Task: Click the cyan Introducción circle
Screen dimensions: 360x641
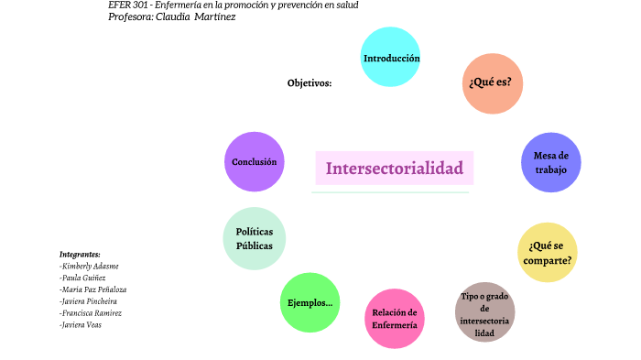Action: [x=391, y=58]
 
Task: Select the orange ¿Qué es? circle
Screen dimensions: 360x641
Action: [x=493, y=83]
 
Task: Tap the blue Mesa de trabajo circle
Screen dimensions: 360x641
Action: [x=550, y=162]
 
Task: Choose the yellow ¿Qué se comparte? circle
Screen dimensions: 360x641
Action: [x=548, y=252]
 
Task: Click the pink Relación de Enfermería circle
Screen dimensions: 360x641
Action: [x=395, y=319]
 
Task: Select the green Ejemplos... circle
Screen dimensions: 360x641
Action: [x=310, y=302]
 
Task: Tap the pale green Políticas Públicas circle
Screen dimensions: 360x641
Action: [x=255, y=238]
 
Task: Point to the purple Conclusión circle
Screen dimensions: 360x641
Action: [x=255, y=162]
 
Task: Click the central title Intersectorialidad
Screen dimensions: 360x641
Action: [x=394, y=169]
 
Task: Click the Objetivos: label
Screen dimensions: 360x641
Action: [x=310, y=83]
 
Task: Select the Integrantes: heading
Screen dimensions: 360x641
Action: [x=80, y=254]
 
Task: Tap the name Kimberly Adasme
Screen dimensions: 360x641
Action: [x=89, y=266]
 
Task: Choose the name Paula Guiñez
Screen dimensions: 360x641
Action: [x=82, y=278]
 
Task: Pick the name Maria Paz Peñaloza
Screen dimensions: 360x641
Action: [x=92, y=289]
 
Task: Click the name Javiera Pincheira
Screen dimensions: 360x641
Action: [x=88, y=301]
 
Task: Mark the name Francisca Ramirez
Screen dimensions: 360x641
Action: [x=90, y=313]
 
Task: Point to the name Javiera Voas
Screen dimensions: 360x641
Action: [x=81, y=325]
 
